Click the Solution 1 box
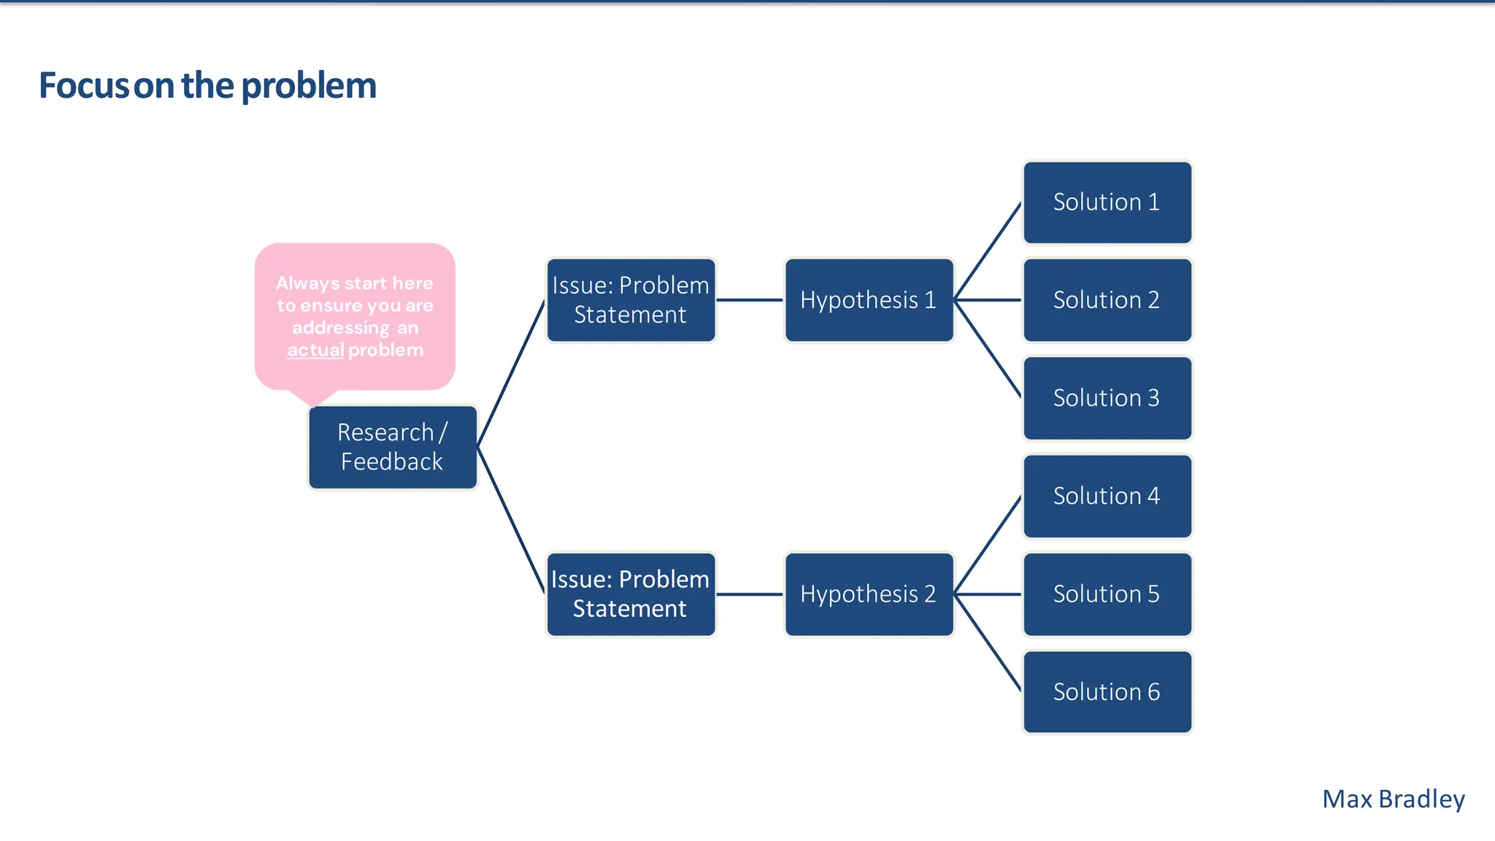[1107, 202]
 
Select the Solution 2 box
[1107, 300]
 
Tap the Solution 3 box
[1107, 398]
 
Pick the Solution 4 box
[1107, 496]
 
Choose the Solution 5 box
[1107, 594]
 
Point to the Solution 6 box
[1107, 691]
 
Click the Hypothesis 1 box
[869, 300]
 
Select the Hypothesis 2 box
[869, 594]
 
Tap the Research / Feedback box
[392, 447]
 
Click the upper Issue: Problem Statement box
[631, 300]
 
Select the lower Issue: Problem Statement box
[631, 594]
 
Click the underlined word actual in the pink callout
[315, 350]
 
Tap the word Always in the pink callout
[307, 283]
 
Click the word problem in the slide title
[309, 86]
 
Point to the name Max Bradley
[1393, 799]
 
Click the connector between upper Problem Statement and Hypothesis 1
[750, 300]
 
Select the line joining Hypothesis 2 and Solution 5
[988, 594]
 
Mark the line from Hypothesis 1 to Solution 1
[988, 251]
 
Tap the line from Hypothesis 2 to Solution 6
[988, 642]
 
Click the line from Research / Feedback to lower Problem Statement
[511, 520]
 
